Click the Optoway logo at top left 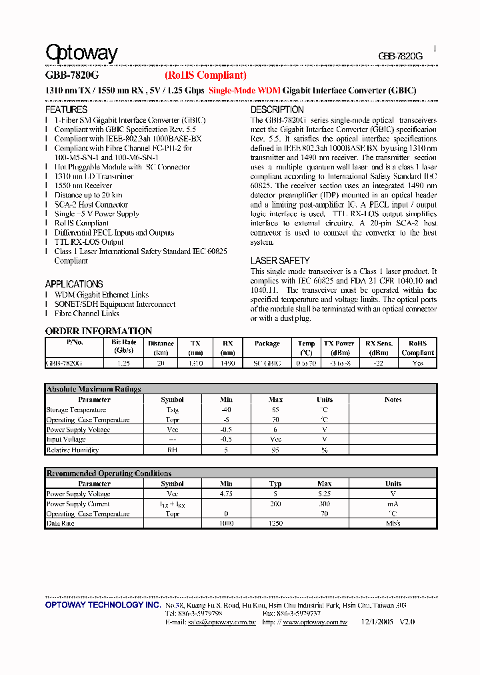(81, 53)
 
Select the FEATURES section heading (66, 109)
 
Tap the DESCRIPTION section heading (277, 109)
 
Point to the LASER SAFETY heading (280, 261)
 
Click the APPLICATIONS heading (74, 284)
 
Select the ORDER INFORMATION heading (99, 331)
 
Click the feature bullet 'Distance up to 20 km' (88, 195)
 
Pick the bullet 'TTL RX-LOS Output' (89, 242)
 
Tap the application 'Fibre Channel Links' (87, 313)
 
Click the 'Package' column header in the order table (267, 344)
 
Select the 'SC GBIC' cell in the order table (267, 364)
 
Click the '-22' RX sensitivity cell (379, 364)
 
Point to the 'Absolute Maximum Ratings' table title (93, 389)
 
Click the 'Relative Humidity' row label (73, 450)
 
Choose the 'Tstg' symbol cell (172, 410)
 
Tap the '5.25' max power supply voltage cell (324, 494)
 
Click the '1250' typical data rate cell (275, 524)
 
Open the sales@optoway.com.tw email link (221, 622)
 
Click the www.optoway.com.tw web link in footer (315, 622)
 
